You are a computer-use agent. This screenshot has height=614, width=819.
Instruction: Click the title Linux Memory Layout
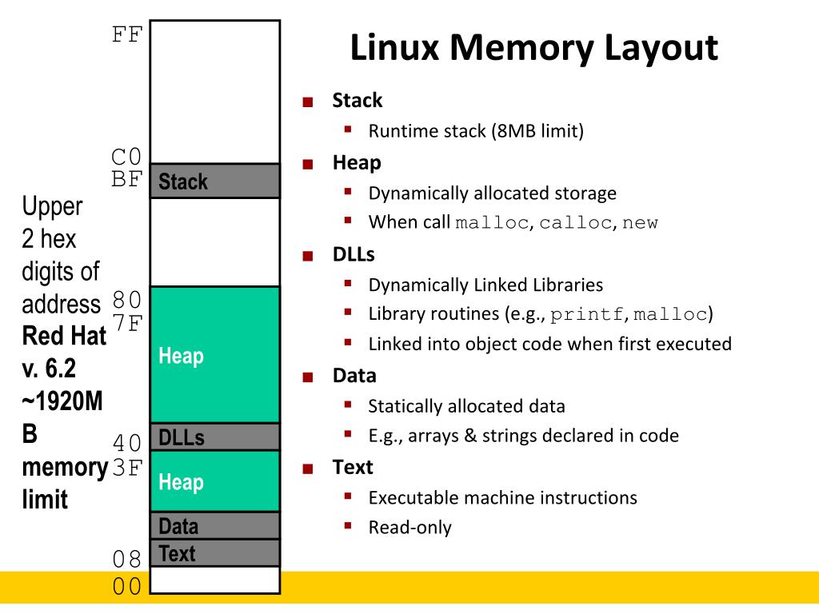[x=533, y=48]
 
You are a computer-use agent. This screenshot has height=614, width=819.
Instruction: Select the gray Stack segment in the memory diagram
[x=214, y=181]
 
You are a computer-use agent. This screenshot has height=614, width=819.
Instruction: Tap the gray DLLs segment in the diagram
[x=214, y=437]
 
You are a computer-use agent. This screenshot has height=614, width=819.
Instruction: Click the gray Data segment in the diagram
[x=214, y=526]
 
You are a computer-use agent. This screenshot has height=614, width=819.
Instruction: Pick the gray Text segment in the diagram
[x=214, y=553]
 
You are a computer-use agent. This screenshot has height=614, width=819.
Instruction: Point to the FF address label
[x=126, y=35]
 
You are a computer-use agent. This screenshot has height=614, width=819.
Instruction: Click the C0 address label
[x=126, y=156]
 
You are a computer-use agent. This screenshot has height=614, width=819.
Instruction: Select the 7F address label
[x=126, y=323]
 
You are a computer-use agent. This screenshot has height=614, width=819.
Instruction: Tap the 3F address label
[x=126, y=467]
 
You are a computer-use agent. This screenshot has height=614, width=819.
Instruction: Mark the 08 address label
[x=126, y=559]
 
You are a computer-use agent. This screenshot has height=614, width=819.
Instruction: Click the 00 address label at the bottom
[x=126, y=587]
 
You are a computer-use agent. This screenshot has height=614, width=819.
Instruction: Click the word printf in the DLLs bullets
[x=586, y=314]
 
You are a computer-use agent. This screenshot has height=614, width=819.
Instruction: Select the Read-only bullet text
[x=409, y=528]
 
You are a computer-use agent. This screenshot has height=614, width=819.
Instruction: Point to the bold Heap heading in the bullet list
[x=357, y=163]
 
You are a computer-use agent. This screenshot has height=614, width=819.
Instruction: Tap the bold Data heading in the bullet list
[x=354, y=376]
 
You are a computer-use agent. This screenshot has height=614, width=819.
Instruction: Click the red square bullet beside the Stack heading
[x=307, y=102]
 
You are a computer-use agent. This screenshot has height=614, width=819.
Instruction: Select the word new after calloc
[x=640, y=223]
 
